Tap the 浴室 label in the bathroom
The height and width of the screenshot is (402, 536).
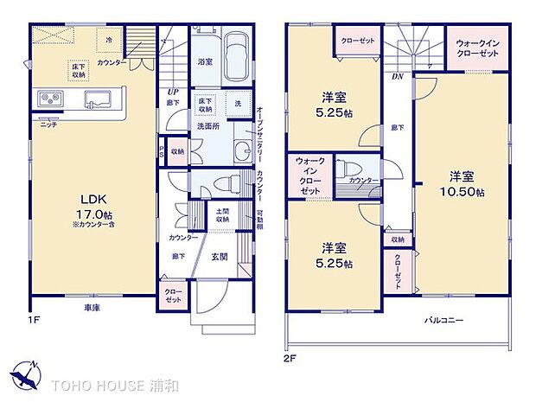click(205, 62)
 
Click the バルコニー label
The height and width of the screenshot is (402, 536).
click(443, 320)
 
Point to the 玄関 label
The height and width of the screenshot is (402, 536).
click(220, 256)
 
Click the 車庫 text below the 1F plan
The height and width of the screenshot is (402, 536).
click(91, 308)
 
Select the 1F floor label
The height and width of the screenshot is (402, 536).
click(33, 319)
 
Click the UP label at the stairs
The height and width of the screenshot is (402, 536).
click(172, 92)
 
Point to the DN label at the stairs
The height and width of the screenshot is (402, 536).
click(398, 76)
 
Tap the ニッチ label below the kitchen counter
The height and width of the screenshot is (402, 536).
click(49, 124)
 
